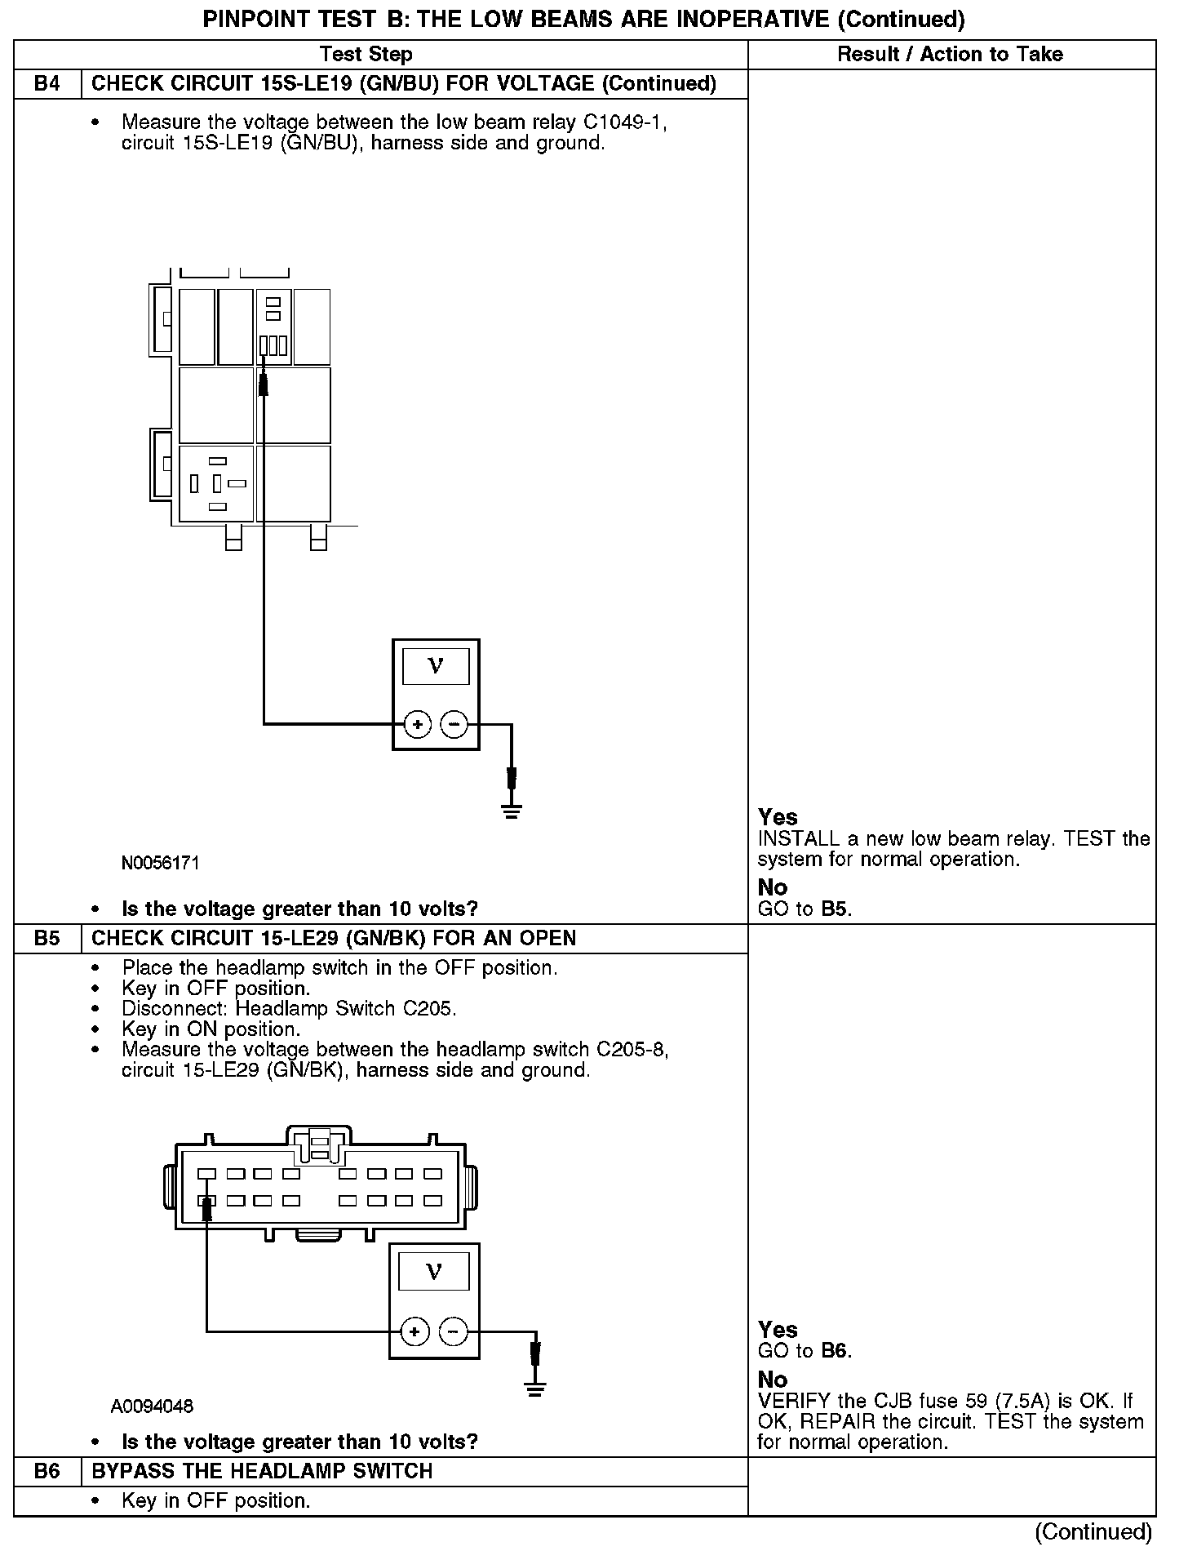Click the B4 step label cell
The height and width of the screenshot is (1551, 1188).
click(47, 84)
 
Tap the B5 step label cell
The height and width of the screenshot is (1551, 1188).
click(47, 938)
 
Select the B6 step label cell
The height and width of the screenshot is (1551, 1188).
click(47, 1471)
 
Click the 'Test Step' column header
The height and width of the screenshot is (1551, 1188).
click(366, 55)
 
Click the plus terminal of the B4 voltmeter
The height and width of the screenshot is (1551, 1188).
click(417, 724)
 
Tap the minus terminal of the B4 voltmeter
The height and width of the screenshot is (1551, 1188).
click(454, 724)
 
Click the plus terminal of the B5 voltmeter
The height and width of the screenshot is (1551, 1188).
click(415, 1332)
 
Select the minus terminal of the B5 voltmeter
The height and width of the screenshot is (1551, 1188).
click(453, 1332)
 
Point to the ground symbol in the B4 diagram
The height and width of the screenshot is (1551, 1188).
click(512, 811)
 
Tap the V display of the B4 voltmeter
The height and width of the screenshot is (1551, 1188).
click(436, 666)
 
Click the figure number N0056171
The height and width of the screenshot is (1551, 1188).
click(160, 863)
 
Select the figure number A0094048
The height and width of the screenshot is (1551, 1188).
click(153, 1407)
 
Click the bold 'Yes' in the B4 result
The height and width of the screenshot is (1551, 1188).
click(778, 817)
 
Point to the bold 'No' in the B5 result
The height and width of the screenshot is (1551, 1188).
click(773, 1380)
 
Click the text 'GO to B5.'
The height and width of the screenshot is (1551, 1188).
click(805, 909)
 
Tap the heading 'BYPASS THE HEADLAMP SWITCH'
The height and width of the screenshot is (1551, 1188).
click(262, 1471)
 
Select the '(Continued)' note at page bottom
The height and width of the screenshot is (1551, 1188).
click(1093, 1531)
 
